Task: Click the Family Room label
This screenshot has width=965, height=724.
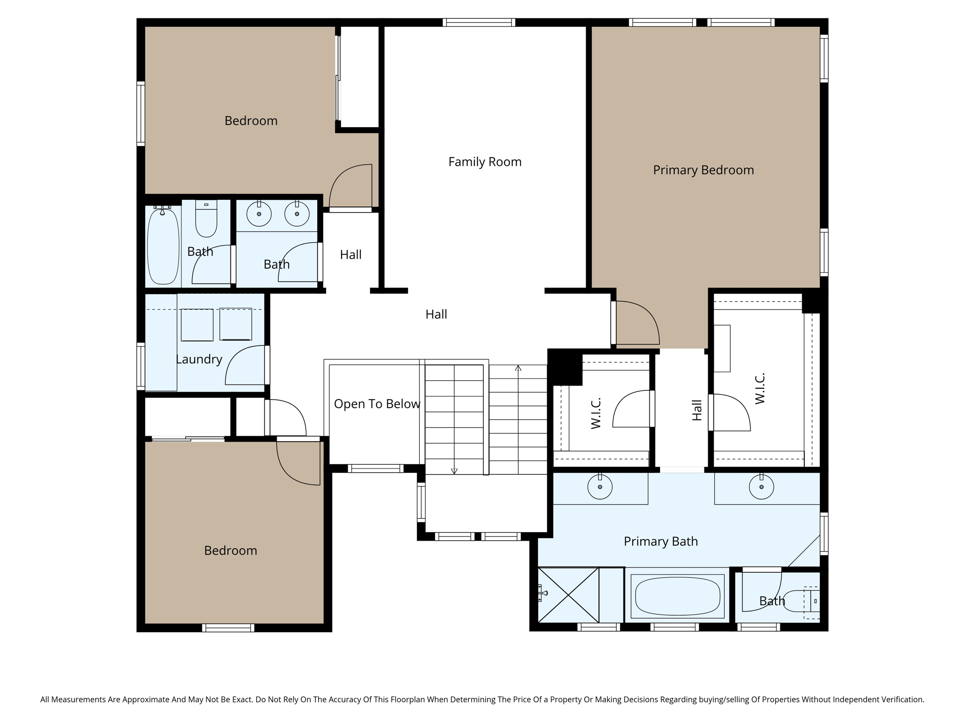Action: coord(485,162)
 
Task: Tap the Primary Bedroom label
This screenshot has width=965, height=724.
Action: coord(703,170)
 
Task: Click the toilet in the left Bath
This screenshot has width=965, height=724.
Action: coord(206,220)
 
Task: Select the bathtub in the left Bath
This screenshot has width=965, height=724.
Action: coord(163,247)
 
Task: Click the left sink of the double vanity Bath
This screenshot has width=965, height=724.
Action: coord(259,214)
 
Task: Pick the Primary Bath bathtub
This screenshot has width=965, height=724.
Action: coord(677,596)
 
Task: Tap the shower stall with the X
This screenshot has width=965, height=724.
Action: coord(568,595)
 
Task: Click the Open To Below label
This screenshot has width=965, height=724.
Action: coord(376,404)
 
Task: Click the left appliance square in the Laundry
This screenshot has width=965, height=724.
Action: coord(197,325)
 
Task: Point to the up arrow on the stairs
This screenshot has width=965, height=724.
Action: coord(518,368)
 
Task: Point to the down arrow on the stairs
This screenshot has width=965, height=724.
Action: coord(454,470)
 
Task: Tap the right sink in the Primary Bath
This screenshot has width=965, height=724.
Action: coord(761,487)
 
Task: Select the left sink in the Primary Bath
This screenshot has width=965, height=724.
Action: coord(600,487)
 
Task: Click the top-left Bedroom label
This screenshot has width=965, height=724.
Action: coord(251,121)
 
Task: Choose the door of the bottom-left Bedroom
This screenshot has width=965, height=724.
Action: coord(298,462)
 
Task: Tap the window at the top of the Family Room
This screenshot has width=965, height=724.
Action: coord(479,22)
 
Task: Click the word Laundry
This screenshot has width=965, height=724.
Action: coord(199,360)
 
